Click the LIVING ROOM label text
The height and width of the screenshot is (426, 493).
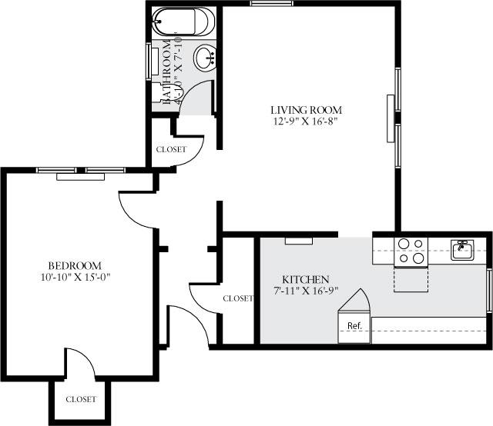click(x=306, y=110)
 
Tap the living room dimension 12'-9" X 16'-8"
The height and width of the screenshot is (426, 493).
click(x=306, y=121)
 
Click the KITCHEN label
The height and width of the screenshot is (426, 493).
click(x=306, y=279)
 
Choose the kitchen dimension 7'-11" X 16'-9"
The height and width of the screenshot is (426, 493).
click(x=306, y=291)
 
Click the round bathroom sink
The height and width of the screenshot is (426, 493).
click(x=205, y=56)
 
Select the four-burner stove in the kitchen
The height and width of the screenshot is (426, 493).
click(x=410, y=251)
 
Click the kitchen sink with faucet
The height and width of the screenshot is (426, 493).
click(x=461, y=249)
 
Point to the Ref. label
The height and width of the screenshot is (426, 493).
click(x=354, y=326)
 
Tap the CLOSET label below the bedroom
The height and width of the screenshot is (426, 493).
click(x=81, y=400)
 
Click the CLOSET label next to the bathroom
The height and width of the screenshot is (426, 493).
click(x=170, y=149)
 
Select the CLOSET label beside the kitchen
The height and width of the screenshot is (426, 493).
click(x=237, y=298)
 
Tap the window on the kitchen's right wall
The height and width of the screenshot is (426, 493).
click(x=490, y=291)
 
